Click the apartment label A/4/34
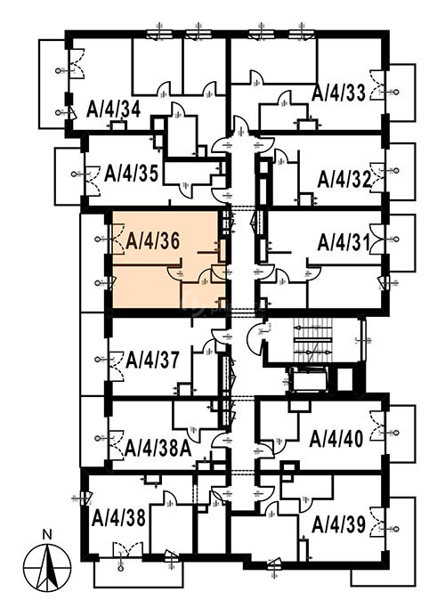click(114, 109)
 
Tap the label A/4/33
click(339, 93)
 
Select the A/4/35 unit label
click(132, 174)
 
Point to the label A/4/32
click(344, 180)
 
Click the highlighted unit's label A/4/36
click(153, 242)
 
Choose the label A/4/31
click(344, 243)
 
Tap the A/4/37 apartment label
click(153, 360)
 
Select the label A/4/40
click(336, 439)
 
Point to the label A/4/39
click(339, 525)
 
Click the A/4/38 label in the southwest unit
click(118, 518)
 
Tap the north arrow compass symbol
click(47, 566)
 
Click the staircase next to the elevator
click(313, 340)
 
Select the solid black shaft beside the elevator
click(344, 379)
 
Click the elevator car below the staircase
click(309, 379)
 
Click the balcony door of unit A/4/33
click(377, 85)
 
